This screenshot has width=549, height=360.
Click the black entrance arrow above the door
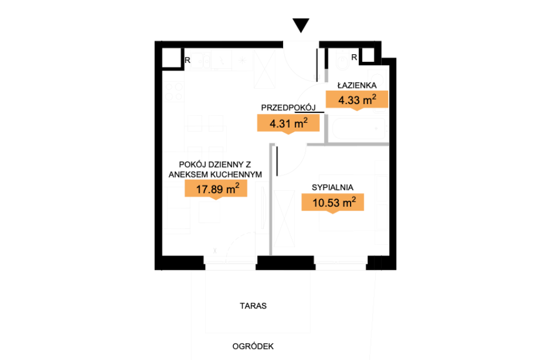[x=301, y=25]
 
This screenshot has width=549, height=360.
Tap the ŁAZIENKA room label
[x=357, y=85]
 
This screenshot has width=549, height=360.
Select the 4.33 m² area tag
[x=357, y=100]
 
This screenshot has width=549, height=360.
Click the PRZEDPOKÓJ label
[x=289, y=107]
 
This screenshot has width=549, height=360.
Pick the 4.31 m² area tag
[x=288, y=124]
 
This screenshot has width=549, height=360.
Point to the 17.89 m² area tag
[x=216, y=190]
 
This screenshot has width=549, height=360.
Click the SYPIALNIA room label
[x=332, y=187]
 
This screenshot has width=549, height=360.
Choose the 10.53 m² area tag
[x=333, y=203]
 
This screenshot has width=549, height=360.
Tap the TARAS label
[x=253, y=306]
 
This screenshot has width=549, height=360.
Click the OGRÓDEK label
[x=253, y=346]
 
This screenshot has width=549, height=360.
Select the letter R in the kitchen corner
[x=187, y=60]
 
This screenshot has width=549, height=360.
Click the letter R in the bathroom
[x=354, y=57]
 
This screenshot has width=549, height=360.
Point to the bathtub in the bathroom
[x=358, y=128]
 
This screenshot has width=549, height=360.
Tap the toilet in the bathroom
[x=342, y=61]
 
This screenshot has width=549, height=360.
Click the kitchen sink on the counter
[x=200, y=61]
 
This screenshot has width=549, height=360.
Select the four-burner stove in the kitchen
[x=174, y=92]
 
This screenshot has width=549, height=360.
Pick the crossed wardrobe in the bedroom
[x=284, y=219]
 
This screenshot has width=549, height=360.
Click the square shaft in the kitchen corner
[x=171, y=58]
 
